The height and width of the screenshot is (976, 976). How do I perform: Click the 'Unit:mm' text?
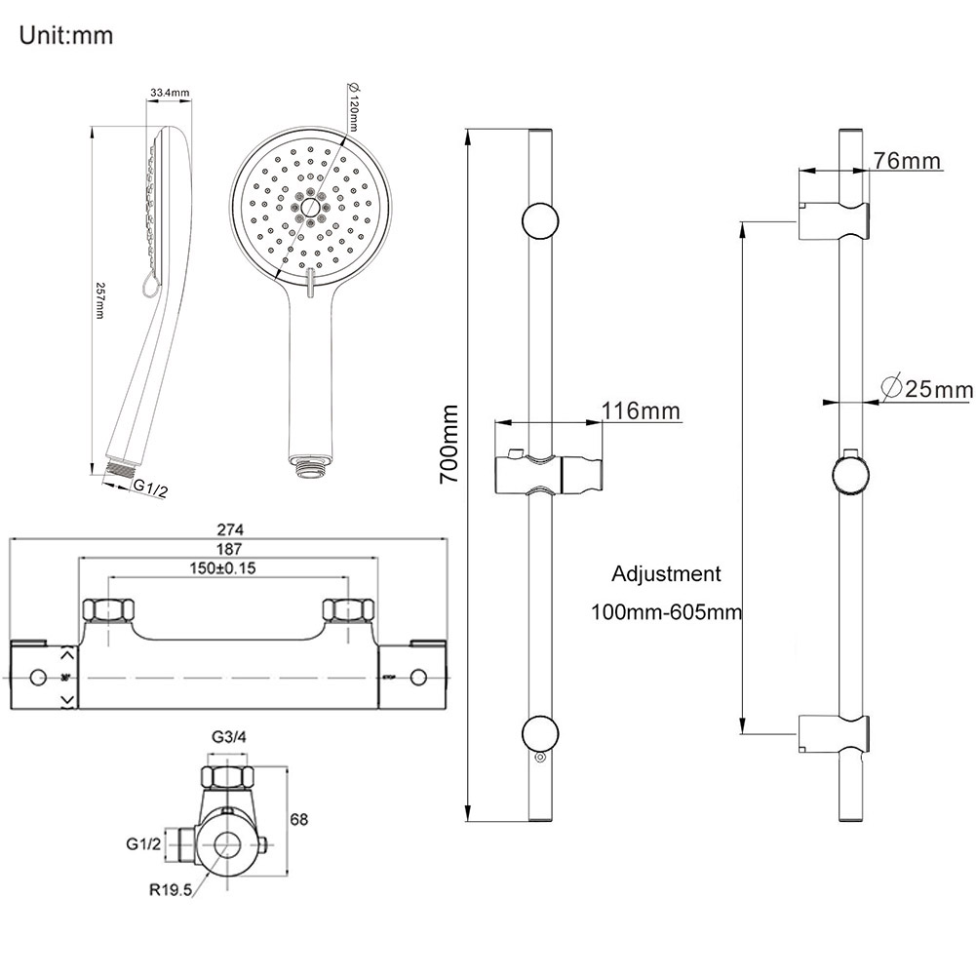(65, 37)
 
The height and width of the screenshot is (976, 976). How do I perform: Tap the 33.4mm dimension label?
(169, 93)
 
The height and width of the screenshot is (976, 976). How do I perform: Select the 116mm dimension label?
(641, 411)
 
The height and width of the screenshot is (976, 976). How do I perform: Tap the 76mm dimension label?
(907, 161)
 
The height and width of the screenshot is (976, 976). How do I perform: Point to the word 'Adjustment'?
(667, 574)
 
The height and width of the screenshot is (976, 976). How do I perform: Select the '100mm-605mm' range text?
(666, 612)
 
